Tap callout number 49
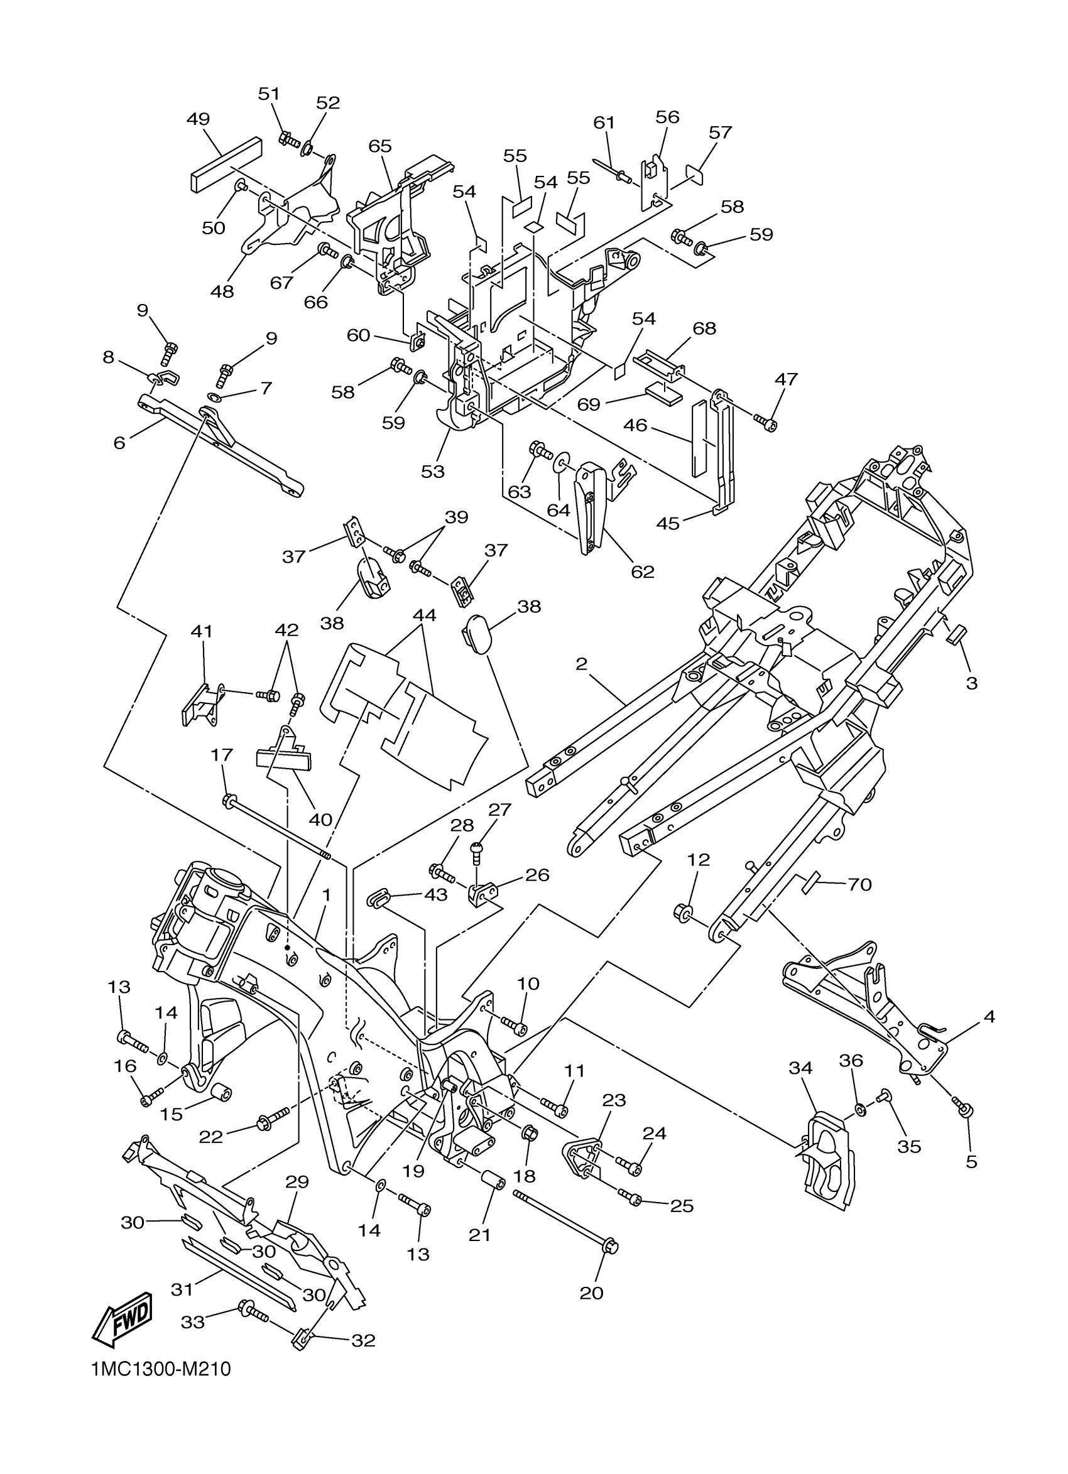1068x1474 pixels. click(x=199, y=119)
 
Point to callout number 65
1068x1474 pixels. click(x=379, y=146)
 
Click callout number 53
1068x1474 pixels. click(x=433, y=471)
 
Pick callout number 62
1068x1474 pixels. click(x=642, y=572)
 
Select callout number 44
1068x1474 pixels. click(x=425, y=615)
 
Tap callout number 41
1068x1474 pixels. click(x=202, y=631)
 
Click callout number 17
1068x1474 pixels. click(x=222, y=755)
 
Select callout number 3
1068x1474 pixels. click(x=972, y=683)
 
